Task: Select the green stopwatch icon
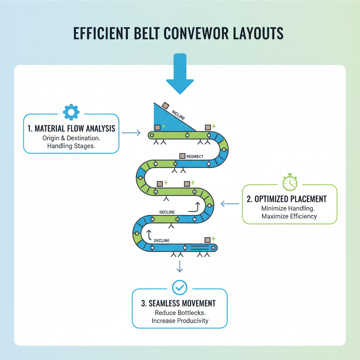pos(290,182)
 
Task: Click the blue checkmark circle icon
pos(180,287)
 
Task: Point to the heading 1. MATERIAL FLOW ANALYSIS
pos(71,128)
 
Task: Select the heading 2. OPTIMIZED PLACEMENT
pos(287,199)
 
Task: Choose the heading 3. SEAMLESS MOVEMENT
pos(178,303)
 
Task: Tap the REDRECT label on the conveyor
pos(195,156)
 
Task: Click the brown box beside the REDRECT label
pos(182,156)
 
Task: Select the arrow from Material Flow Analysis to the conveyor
pos(131,133)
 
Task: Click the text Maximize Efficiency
pos(289,216)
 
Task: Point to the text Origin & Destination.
pos(71,138)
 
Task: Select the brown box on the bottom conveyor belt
pos(207,240)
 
